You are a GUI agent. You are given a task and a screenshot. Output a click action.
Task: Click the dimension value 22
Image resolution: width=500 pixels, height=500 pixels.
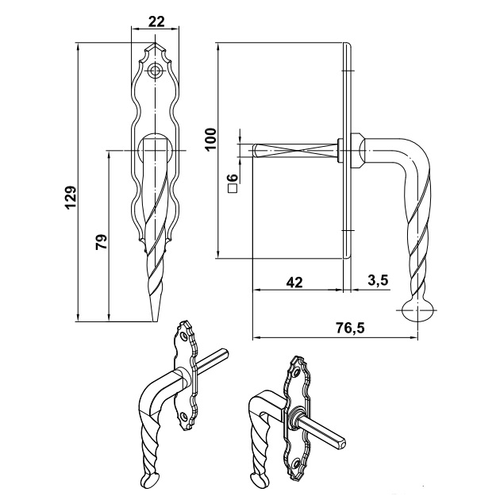(x=156, y=21)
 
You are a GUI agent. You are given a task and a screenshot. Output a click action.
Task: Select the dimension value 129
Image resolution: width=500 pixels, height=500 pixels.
(x=71, y=198)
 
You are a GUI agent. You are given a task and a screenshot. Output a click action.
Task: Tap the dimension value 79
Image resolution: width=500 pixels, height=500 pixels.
(x=102, y=242)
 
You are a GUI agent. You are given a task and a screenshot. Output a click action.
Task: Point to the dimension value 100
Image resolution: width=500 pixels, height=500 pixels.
(x=210, y=140)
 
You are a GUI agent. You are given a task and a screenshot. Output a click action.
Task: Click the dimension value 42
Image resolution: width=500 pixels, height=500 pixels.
(x=294, y=283)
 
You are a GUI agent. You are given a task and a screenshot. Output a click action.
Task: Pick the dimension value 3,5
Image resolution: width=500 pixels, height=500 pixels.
(x=378, y=281)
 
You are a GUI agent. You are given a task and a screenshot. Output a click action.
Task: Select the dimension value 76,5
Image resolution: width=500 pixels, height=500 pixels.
(x=350, y=328)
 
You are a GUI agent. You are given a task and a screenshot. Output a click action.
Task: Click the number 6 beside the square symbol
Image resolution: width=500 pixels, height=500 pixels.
(x=234, y=178)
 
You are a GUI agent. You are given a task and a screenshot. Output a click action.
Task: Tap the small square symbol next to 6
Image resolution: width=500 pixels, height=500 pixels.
(x=234, y=188)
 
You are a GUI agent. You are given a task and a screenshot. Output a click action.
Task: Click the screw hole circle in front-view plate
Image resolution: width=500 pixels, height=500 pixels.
(x=156, y=71)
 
